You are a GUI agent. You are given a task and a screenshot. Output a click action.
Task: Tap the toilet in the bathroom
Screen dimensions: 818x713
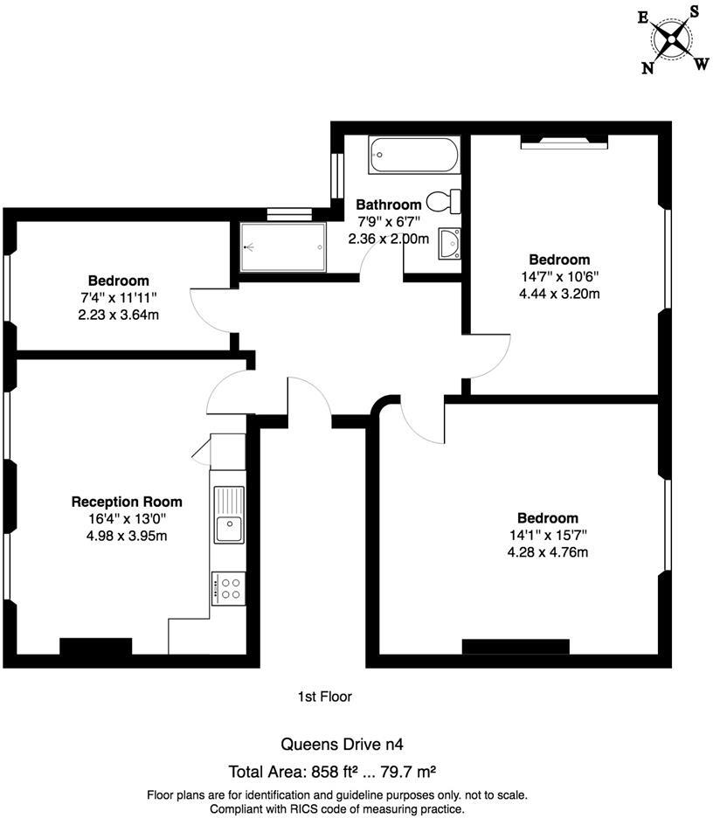[446, 201]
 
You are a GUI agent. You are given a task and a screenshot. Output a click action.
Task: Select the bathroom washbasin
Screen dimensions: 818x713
[450, 244]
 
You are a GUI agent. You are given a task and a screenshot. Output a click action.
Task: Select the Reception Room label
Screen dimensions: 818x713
[127, 502]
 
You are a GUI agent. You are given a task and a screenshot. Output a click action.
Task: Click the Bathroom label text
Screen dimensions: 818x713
[388, 204]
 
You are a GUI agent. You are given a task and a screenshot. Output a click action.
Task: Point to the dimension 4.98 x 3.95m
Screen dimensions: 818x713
[127, 536]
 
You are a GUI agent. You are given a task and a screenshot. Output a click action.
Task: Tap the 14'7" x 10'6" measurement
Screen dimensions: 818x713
[559, 276]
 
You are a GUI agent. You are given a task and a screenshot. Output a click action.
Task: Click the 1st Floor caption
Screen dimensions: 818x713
[325, 697]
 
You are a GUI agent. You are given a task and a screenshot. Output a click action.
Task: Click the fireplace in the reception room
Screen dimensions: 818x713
[95, 647]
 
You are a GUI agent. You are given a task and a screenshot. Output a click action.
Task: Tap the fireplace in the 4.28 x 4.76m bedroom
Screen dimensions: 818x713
[515, 647]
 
